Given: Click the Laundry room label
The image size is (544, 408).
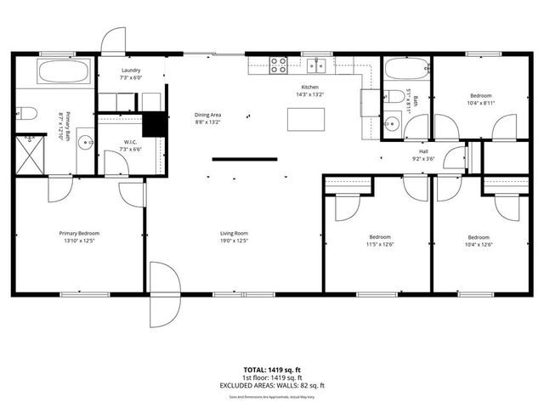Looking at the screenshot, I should tap(131, 71).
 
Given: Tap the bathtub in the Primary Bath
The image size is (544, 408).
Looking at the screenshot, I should tap(64, 71).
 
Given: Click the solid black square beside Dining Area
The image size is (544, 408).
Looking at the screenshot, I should tap(153, 124).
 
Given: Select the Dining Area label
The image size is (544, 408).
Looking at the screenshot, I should tap(208, 115).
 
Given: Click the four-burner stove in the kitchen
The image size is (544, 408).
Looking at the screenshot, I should tap(278, 63).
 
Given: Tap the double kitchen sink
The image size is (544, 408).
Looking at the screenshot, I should tap(320, 63).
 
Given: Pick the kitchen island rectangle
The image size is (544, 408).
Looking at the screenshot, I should tap(305, 120).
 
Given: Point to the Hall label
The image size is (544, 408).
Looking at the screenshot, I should tap(423, 150).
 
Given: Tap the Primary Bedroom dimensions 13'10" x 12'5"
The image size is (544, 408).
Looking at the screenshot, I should tap(79, 241).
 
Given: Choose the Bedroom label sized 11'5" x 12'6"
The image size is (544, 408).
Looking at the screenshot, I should tap(379, 236).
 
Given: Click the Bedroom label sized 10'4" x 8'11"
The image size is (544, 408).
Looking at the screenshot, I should tap(479, 96).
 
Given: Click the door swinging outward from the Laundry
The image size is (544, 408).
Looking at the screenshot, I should tap(111, 40).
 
